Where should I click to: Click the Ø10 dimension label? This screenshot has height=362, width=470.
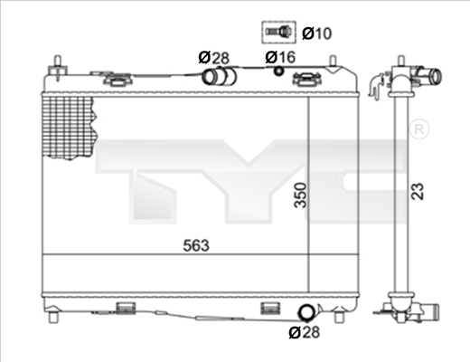click(x=316, y=33)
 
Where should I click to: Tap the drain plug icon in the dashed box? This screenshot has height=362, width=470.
click(x=278, y=32)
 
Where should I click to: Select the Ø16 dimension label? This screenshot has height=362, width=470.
click(x=280, y=57)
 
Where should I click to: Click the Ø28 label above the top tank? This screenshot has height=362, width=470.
click(x=213, y=57)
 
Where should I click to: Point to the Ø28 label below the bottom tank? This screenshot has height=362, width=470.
click(x=304, y=332)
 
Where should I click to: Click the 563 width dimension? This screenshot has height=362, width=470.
click(x=196, y=245)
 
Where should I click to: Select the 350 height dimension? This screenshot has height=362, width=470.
click(x=300, y=195)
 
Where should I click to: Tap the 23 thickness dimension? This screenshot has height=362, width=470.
click(x=418, y=191)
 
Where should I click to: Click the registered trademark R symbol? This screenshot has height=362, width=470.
click(x=419, y=129)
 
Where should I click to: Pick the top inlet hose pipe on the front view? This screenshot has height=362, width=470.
click(x=219, y=76)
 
